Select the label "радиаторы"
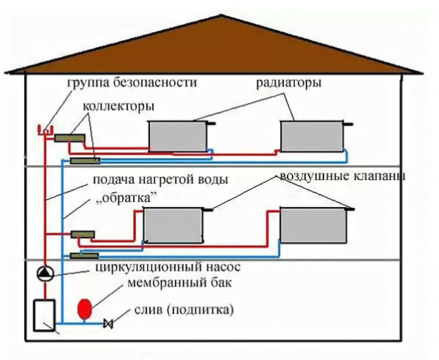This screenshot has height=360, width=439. [288, 84]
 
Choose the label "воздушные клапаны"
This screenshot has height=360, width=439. [341, 177]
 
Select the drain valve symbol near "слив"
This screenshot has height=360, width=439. [110, 323]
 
